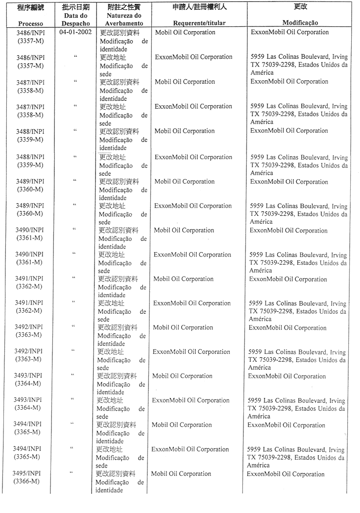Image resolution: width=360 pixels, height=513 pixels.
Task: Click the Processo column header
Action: [x=30, y=23]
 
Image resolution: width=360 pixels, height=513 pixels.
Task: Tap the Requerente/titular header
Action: [x=199, y=23]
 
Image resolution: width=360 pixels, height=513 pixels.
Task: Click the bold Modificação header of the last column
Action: [x=300, y=23]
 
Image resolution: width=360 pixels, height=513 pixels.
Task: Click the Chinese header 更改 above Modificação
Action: [x=300, y=7]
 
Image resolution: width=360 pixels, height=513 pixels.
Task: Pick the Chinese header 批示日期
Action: [x=75, y=7]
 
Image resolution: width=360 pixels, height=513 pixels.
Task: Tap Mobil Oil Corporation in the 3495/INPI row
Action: [x=181, y=474]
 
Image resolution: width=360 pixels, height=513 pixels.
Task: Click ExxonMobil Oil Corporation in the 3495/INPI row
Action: [x=286, y=474]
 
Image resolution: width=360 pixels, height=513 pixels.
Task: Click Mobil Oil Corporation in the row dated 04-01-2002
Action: [x=185, y=32]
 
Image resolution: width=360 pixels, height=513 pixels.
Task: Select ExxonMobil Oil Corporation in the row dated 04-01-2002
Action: [x=289, y=32]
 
